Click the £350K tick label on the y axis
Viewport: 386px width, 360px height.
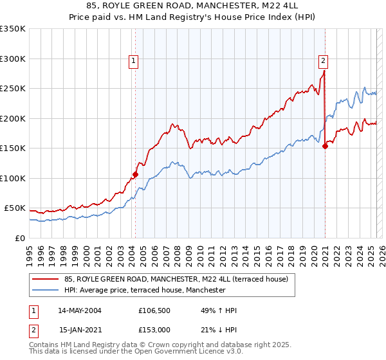click(x=13, y=29)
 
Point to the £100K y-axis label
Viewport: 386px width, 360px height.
click(x=13, y=178)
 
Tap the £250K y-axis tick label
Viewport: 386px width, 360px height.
click(x=13, y=89)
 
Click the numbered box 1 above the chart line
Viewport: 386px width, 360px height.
click(x=134, y=62)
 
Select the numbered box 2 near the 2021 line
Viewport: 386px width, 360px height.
click(x=323, y=62)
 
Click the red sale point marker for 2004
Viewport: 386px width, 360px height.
click(x=135, y=174)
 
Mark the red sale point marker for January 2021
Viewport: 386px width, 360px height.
click(x=325, y=147)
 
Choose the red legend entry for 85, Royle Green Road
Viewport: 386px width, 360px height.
click(x=179, y=279)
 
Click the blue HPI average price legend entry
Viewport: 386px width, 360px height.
click(x=145, y=290)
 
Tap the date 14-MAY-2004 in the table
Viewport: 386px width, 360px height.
click(x=80, y=310)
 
